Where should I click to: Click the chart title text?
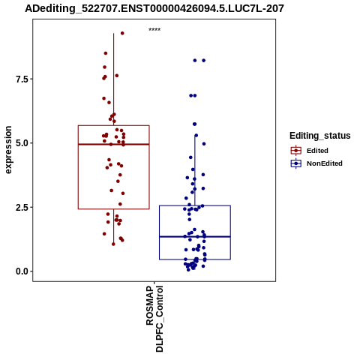[x=154, y=9]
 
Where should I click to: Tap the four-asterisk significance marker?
[x=154, y=29]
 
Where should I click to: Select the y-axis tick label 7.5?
[x=21, y=79]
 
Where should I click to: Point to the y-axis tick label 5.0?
[x=21, y=143]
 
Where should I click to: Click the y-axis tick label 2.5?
[x=21, y=208]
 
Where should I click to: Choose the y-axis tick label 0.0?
[x=21, y=271]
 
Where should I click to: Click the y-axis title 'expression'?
[x=8, y=150]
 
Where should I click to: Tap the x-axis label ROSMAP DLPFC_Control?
[x=154, y=319]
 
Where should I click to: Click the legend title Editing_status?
[x=320, y=136]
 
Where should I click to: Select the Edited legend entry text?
[x=317, y=151]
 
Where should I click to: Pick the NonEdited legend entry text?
[x=325, y=163]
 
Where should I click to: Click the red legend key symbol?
[x=296, y=151]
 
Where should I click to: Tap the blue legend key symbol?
[x=296, y=163]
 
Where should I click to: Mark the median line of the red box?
[x=114, y=144]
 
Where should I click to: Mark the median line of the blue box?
[x=195, y=236]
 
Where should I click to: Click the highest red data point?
[x=122, y=33]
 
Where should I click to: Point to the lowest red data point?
[x=113, y=244]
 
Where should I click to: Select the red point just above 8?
[x=106, y=53]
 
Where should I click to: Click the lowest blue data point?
[x=188, y=270]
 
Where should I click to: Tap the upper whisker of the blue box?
[x=195, y=170]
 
